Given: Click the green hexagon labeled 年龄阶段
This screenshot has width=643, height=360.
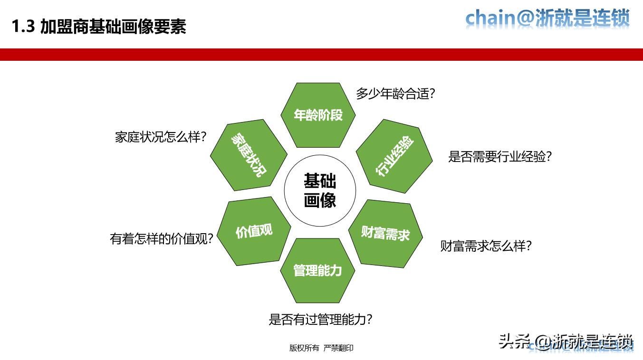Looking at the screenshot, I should [318, 115].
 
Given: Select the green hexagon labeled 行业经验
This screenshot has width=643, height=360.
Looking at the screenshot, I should [394, 156].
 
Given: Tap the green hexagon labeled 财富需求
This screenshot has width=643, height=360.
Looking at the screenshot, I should [385, 233].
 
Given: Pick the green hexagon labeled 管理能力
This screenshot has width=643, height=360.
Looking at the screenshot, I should [317, 270].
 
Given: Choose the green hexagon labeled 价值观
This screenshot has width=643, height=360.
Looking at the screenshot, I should [254, 231].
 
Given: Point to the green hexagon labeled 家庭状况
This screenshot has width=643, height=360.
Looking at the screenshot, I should [249, 155].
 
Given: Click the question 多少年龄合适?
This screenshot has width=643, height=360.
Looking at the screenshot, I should [395, 94].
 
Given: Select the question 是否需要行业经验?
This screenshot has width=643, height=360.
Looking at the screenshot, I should [499, 157].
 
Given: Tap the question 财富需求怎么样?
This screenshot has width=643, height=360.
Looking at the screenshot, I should [485, 246].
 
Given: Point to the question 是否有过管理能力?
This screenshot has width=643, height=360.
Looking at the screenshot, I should [320, 319].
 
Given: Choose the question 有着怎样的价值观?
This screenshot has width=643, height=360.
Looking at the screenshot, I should [161, 238].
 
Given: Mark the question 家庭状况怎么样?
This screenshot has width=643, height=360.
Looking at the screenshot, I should [161, 137].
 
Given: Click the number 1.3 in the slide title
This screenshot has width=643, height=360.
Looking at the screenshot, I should [23, 27].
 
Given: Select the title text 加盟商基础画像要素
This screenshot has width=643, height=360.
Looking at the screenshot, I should [113, 27].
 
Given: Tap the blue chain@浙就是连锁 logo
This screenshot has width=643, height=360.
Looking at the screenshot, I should [547, 19].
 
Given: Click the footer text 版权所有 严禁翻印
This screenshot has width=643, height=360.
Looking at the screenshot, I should [321, 348].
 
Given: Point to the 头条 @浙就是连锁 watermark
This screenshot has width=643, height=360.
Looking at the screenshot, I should [566, 341].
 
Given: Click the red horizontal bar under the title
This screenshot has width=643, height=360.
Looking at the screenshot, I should [321, 55].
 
